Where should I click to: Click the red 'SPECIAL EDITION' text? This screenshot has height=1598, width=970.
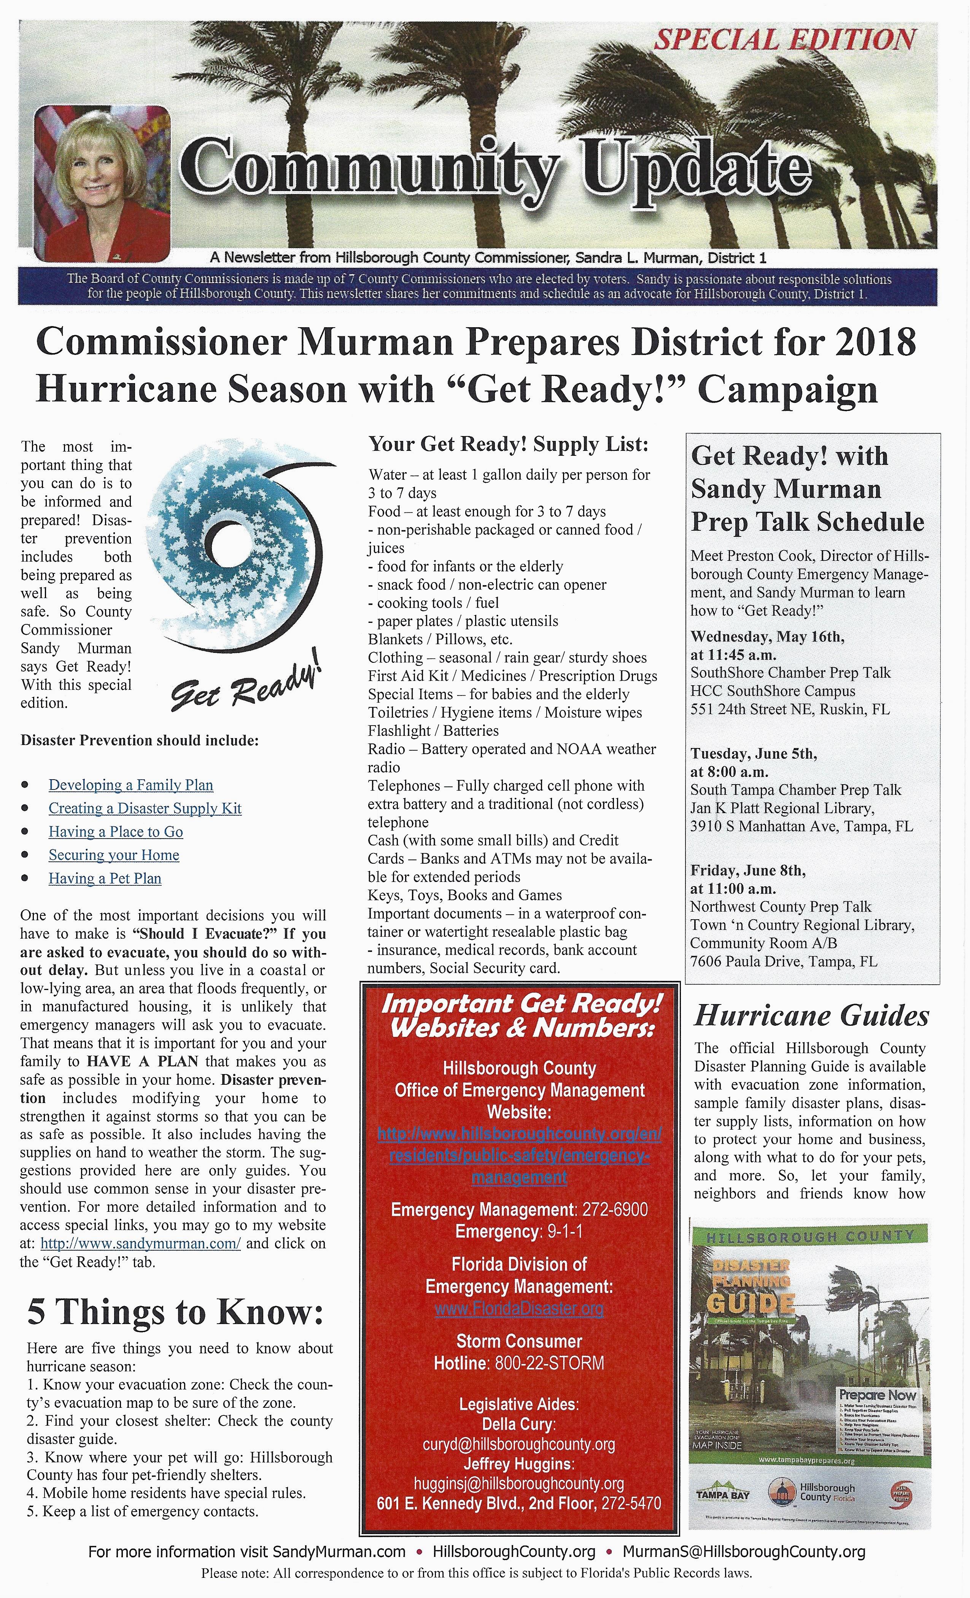click(784, 40)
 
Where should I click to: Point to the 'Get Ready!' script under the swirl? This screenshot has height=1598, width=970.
click(246, 688)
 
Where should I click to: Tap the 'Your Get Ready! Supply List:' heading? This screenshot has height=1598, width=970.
click(508, 444)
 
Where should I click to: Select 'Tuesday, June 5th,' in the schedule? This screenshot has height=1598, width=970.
click(754, 754)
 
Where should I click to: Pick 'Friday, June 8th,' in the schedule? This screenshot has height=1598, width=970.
click(747, 871)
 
